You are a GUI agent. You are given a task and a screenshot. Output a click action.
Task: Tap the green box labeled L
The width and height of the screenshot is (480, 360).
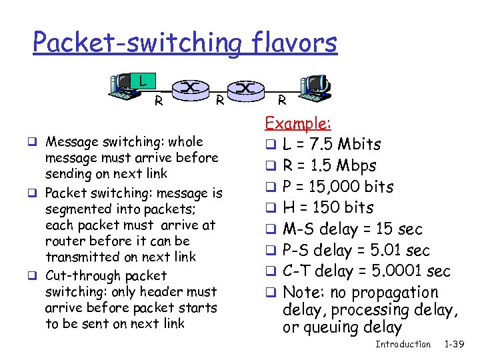click(x=143, y=81)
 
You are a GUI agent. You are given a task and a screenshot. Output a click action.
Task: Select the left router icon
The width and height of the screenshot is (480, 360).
click(x=190, y=88)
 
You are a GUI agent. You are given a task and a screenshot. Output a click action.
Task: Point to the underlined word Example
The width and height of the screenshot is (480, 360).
click(x=299, y=123)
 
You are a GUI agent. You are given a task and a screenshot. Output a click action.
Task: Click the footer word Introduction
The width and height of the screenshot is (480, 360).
click(x=403, y=344)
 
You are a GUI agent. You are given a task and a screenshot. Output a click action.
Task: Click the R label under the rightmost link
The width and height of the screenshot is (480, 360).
click(x=281, y=101)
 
